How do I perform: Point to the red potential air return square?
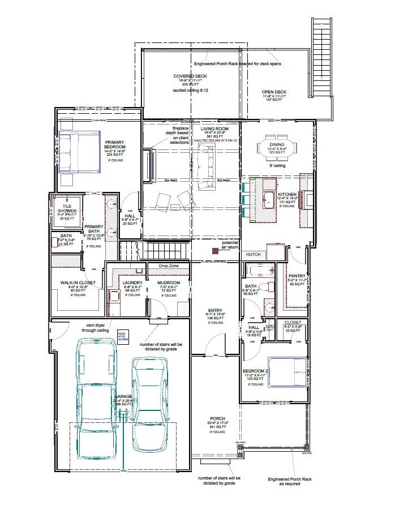[215, 250]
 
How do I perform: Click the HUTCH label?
[253, 255]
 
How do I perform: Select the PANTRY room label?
[297, 276]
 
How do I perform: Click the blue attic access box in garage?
[123, 336]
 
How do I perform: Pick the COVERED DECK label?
[191, 76]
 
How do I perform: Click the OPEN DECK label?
[274, 92]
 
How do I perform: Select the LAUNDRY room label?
[132, 282]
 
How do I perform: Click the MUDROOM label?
[169, 282]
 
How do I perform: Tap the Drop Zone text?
[169, 265]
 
